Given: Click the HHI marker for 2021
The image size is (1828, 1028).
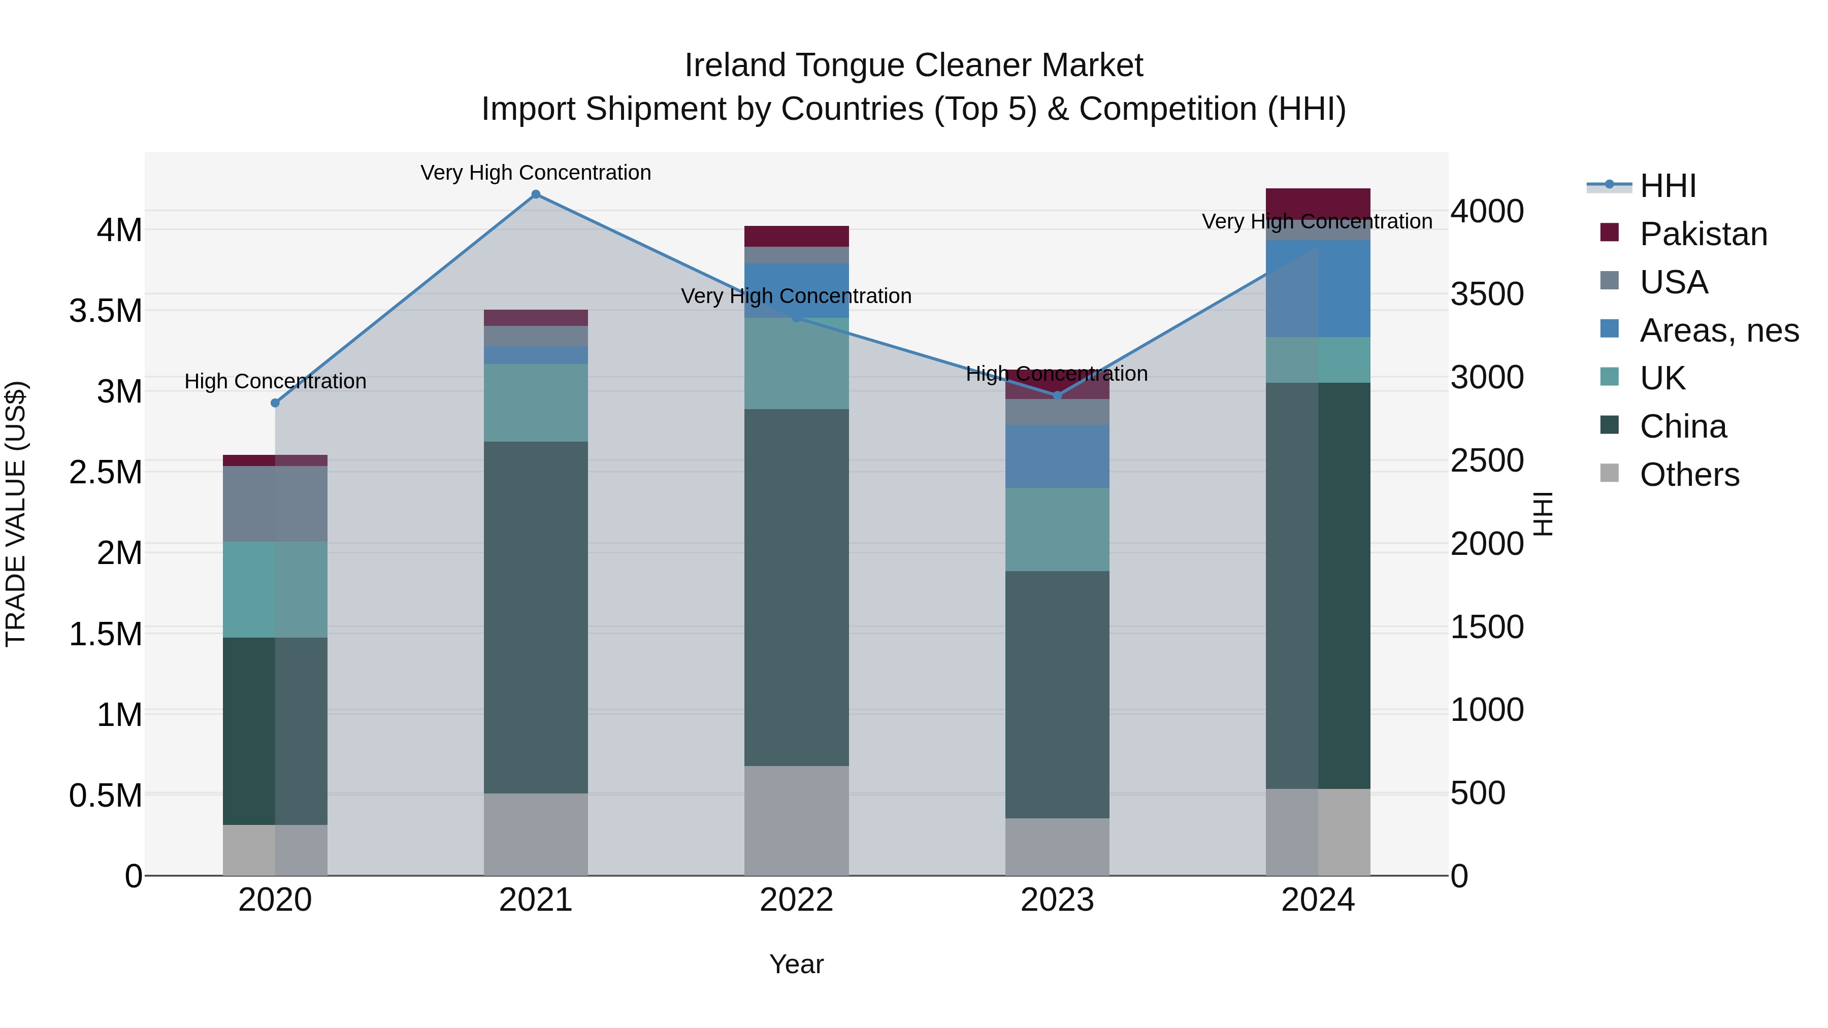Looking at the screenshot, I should point(536,194).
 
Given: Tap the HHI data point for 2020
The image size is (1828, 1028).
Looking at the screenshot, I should point(275,403).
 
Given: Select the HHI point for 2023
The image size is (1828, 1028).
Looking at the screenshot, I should point(1057,395).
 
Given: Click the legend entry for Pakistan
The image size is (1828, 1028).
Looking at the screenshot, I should point(1703,234).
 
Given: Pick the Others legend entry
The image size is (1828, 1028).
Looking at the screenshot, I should point(1689,475).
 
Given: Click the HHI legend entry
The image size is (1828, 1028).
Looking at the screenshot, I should point(1668,186).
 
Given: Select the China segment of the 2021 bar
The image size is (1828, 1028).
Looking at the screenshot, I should point(536,617).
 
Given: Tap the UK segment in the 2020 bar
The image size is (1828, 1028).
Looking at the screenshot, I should point(275,589).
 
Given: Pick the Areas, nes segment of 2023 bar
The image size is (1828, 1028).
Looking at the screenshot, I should point(1057,456).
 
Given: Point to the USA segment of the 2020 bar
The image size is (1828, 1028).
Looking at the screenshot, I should point(275,504).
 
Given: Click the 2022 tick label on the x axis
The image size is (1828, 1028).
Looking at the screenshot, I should point(796,900).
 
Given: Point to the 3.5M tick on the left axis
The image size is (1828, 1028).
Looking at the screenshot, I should point(105,311).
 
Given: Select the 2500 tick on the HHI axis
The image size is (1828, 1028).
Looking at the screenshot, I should point(1487,460).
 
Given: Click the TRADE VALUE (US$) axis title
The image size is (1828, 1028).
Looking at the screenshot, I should point(16,514).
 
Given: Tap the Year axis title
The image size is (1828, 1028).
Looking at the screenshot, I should point(796,964).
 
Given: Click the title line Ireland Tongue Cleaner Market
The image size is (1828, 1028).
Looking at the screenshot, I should point(913,65).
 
